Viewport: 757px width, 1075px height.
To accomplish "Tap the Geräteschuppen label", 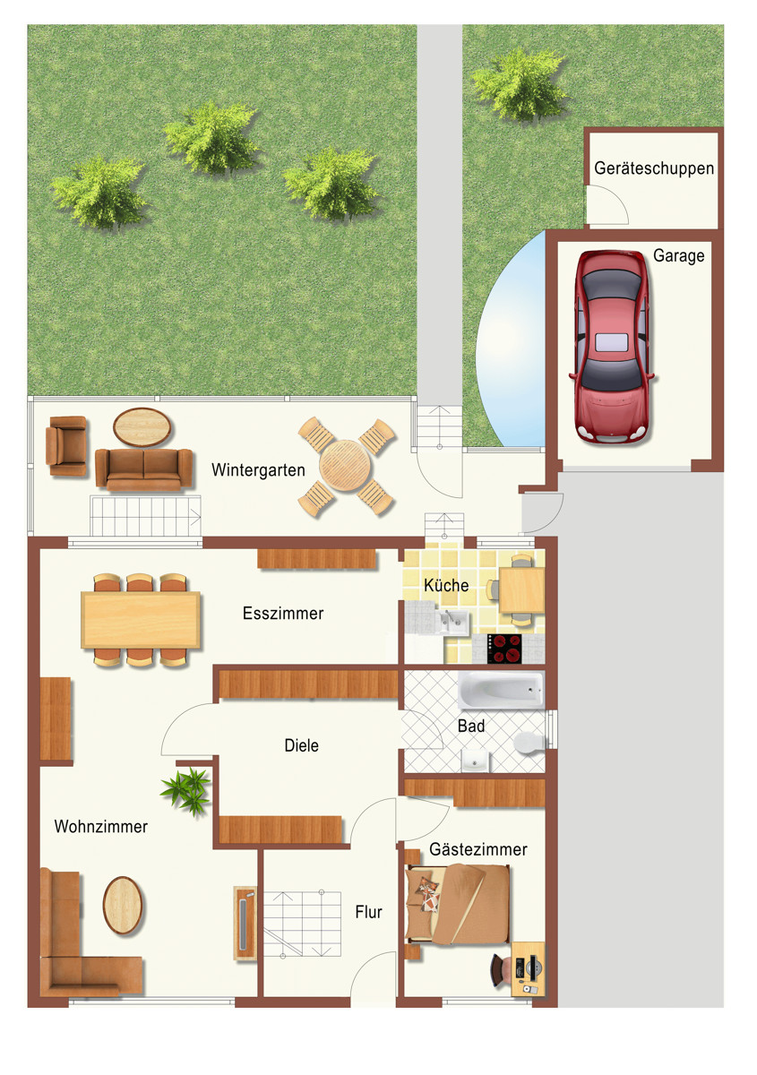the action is click(654, 168).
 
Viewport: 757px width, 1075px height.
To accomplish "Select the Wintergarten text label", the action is click(258, 469).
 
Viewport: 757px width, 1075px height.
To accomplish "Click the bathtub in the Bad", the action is click(501, 690).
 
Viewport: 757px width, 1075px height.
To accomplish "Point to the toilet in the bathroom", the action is click(530, 743).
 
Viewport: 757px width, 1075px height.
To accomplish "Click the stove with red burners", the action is click(504, 649).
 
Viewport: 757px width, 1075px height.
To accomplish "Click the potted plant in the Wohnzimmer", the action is click(185, 790).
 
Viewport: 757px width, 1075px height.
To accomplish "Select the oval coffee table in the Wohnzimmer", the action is click(123, 906).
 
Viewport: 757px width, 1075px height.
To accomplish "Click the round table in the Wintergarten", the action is click(346, 466).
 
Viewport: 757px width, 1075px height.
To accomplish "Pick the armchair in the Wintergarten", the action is click(66, 446).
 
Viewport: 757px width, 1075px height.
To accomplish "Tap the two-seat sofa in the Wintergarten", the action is click(144, 469).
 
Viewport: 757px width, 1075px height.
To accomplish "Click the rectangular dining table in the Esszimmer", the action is click(141, 620).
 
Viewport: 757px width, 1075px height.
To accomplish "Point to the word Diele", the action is click(301, 745).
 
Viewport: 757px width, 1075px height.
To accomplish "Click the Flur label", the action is click(369, 912).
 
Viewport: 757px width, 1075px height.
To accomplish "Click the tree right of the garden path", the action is click(519, 85).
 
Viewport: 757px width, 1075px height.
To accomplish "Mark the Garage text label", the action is click(679, 256).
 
